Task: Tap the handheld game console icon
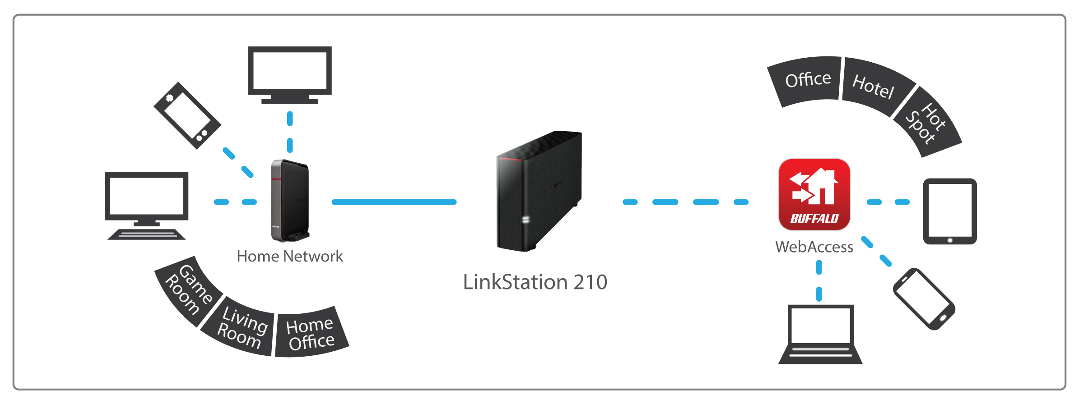coord(187,115)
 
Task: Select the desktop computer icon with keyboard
coord(146,205)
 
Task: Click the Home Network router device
coord(290,200)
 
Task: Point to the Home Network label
coord(290,257)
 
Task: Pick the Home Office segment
coord(311,334)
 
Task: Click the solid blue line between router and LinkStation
coord(394,202)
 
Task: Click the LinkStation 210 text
coord(535,282)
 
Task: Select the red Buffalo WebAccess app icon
coord(814,194)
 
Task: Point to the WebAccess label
coord(814,247)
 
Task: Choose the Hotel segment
coord(873,87)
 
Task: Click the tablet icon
coord(950,211)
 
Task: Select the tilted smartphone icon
coord(924,298)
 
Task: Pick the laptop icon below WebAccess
coord(820,334)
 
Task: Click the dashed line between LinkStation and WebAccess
coord(685,202)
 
